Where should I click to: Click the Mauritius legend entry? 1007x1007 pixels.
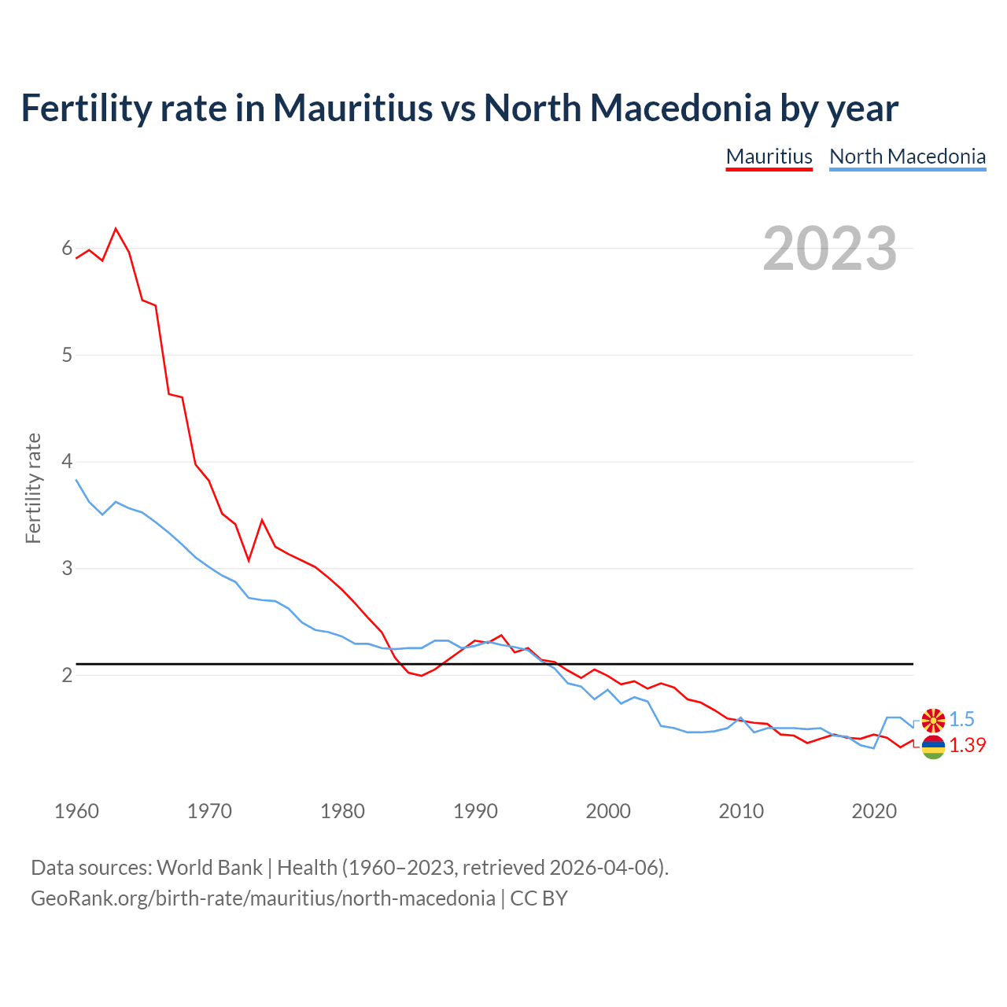tap(769, 157)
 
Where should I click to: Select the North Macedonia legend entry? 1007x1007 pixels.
tap(907, 157)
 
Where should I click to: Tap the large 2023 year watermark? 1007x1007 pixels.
tap(830, 249)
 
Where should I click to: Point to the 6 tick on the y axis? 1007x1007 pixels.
tap(67, 249)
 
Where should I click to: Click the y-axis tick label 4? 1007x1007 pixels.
tap(67, 461)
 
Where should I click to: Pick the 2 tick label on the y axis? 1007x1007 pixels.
tap(67, 675)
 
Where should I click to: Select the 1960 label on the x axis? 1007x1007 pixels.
tap(76, 811)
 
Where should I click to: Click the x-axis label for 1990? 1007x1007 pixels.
tap(475, 811)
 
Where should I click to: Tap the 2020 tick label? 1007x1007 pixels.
tap(874, 811)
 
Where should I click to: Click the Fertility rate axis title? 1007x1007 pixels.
tap(33, 488)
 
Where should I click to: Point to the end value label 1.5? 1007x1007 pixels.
tap(961, 719)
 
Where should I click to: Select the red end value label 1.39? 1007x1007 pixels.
tap(967, 745)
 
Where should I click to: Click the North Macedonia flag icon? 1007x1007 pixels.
tap(933, 719)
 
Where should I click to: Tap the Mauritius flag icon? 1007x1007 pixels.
tap(933, 747)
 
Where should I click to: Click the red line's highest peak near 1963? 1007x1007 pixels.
tap(116, 229)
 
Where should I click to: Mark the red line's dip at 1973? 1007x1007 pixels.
tap(249, 560)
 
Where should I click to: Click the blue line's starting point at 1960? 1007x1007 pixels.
tap(76, 480)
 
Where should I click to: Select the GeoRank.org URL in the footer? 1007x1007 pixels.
tap(263, 898)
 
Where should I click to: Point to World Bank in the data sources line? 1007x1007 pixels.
tap(209, 867)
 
